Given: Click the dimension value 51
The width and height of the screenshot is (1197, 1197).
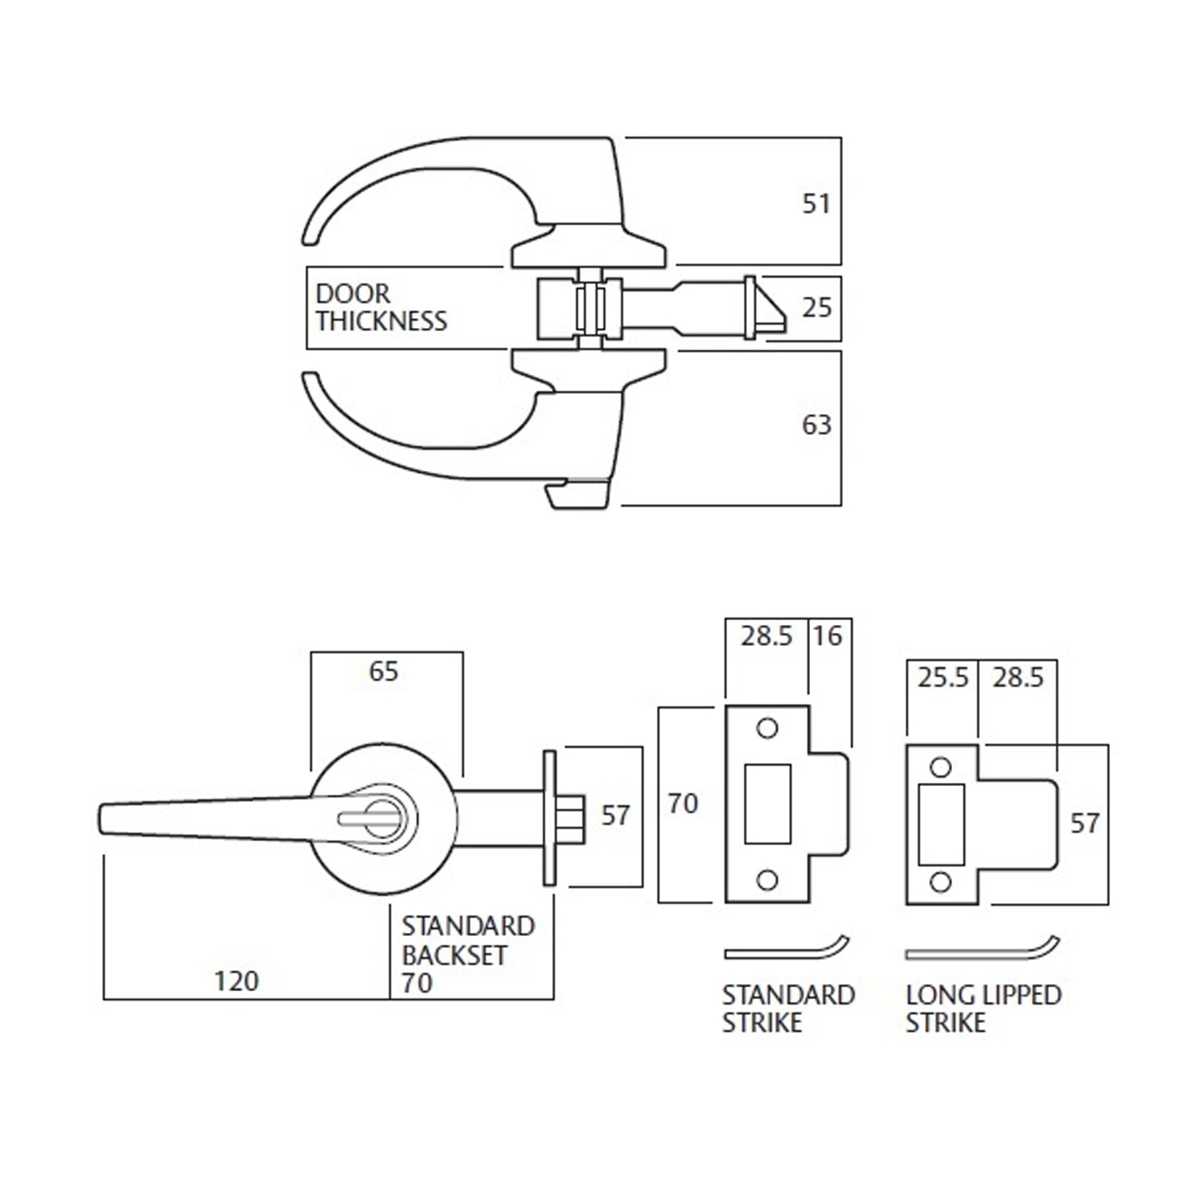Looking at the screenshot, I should point(816,204).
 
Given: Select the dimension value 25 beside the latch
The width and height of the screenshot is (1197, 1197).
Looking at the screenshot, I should point(816,307).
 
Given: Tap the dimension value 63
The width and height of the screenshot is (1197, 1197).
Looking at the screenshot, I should point(816,425).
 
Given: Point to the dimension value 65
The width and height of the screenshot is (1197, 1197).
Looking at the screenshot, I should point(383,671).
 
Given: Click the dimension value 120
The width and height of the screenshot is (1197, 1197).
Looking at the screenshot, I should point(236,981).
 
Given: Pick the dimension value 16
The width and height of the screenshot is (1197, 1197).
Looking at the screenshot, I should point(828,636).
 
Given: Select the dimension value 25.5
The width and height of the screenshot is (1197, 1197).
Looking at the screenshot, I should point(942,678).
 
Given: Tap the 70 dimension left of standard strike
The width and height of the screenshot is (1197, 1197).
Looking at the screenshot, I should point(683,804).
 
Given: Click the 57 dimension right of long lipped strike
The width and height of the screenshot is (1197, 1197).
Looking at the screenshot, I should point(1084,824).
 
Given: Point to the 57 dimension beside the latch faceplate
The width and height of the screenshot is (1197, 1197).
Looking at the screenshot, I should point(615,816).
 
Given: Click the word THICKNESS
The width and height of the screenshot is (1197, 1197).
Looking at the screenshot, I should point(381,322).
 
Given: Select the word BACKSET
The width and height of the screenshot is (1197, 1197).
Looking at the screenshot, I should point(454,954).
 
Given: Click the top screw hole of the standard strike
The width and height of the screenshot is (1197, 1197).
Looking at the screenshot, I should point(767,729).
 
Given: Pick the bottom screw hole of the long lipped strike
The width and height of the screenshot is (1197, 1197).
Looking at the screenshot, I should point(942,883).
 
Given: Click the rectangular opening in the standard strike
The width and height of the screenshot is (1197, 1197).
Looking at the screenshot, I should point(768,804).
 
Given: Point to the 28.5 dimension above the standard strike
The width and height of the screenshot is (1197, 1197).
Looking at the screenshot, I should point(766,636).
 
